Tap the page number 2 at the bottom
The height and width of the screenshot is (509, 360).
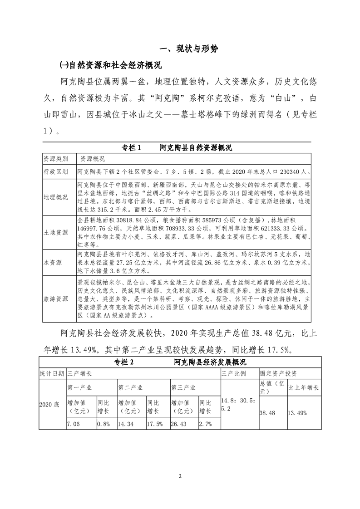(180, 476)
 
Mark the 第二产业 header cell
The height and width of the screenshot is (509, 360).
(131, 388)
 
